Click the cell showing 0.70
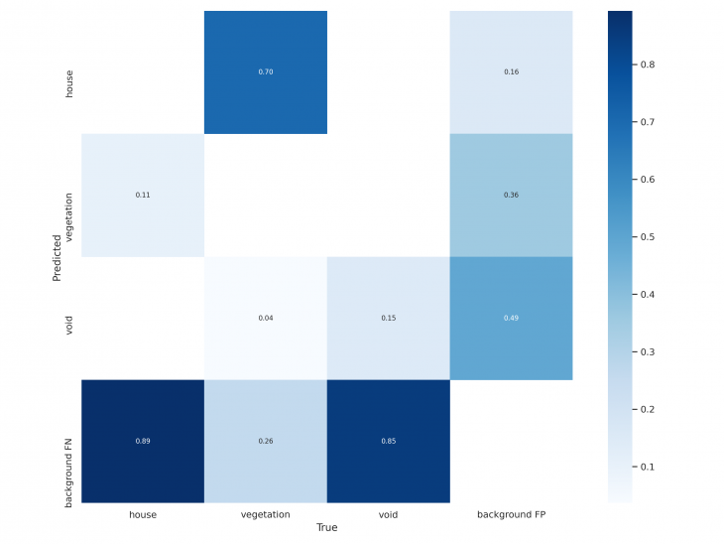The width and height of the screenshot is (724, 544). point(265,72)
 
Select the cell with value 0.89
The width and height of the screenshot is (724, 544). point(142,441)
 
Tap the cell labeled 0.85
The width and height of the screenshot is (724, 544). point(388,441)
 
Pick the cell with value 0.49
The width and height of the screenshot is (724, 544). point(511,318)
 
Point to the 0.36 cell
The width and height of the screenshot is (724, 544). point(511,196)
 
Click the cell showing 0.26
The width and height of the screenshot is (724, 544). point(265,441)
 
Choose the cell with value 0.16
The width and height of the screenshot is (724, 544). point(511,72)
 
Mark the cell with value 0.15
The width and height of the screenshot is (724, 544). point(388,318)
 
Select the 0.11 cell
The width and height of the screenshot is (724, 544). point(142,196)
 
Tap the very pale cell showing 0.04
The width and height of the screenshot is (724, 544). point(265,318)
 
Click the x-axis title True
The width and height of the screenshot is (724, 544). point(326,528)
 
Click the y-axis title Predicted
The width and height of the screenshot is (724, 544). point(57,257)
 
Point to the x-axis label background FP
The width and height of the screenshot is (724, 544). point(511,514)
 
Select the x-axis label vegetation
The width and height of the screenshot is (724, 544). point(265,514)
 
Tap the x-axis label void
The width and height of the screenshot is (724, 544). point(388,514)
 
